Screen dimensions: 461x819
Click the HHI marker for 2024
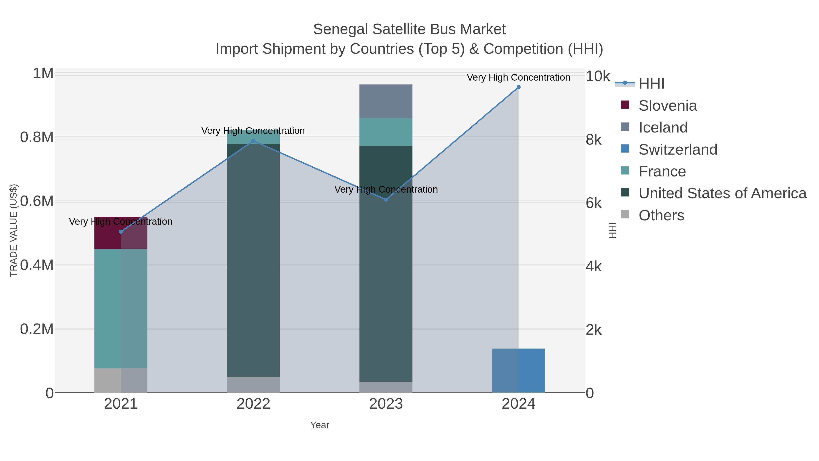(x=518, y=87)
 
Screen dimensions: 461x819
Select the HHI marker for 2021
(x=121, y=232)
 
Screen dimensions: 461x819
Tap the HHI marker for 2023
(x=386, y=199)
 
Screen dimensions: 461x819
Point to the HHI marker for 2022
(x=253, y=141)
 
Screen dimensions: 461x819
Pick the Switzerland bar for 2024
(x=518, y=370)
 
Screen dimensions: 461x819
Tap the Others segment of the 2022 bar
(x=253, y=385)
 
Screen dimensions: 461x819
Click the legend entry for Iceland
(x=663, y=127)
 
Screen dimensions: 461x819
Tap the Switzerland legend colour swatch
(x=625, y=149)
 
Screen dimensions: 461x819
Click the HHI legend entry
(x=651, y=83)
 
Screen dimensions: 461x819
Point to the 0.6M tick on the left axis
(x=37, y=201)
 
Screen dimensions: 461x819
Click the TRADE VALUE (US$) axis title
(x=13, y=230)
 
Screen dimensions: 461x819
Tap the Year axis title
(x=320, y=425)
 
